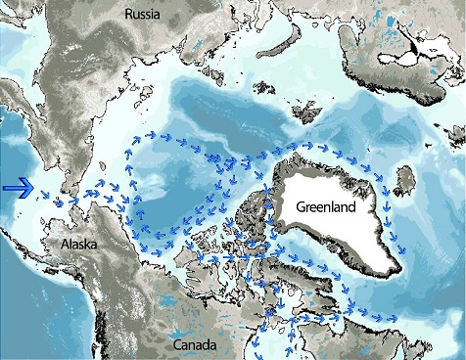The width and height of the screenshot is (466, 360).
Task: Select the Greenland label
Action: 332,208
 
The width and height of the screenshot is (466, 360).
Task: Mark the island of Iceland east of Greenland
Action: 409,181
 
